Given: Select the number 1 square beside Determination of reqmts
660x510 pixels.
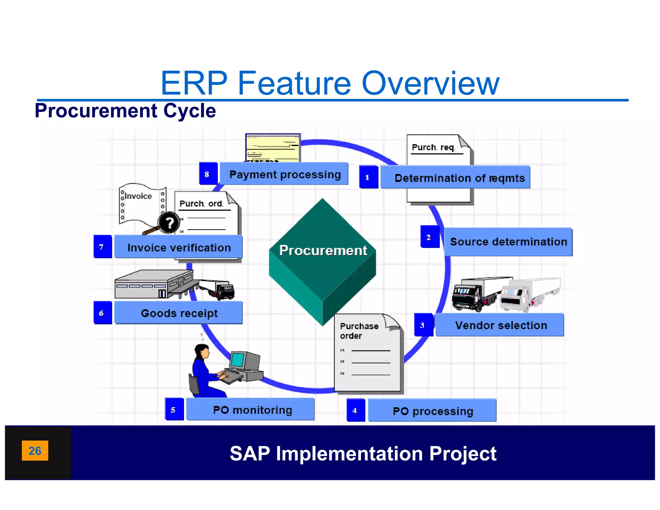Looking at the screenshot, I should coord(368,177).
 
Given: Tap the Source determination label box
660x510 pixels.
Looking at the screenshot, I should coord(508,242).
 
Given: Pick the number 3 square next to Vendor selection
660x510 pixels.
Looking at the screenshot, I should coord(423,325).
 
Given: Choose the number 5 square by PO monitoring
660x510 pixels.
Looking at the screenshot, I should coord(174,410).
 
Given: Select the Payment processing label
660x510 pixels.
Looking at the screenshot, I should coord(284,174).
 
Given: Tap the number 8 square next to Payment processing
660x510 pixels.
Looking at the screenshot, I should coord(208,174).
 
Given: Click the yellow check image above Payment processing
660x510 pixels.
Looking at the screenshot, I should coord(273,148).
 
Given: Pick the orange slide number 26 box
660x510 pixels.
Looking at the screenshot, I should coord(35,450).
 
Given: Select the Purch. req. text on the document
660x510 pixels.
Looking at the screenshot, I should coord(433,147).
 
